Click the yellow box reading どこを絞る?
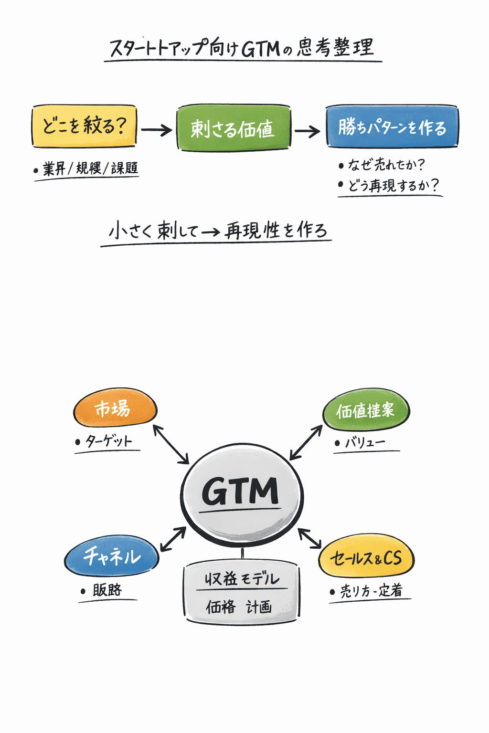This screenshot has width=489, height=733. [x=84, y=126]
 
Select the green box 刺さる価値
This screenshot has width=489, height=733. [x=233, y=128]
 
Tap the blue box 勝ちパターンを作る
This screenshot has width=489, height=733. [x=392, y=127]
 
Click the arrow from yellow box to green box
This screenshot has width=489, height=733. [x=156, y=129]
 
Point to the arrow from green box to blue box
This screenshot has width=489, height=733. [x=307, y=131]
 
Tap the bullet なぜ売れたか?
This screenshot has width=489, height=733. [x=386, y=165]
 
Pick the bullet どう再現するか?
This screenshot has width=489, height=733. [x=393, y=185]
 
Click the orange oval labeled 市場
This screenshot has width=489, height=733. [x=115, y=408]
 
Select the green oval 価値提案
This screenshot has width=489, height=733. [x=366, y=410]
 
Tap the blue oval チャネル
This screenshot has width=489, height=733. [x=112, y=556]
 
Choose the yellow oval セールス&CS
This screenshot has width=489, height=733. [x=366, y=558]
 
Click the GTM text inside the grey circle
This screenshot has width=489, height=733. [x=240, y=492]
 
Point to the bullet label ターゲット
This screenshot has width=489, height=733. [x=108, y=441]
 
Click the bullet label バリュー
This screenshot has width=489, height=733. [x=365, y=443]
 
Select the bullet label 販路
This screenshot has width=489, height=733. [x=107, y=590]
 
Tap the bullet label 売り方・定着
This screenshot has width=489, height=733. [x=371, y=591]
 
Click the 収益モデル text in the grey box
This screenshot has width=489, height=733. [x=242, y=579]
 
